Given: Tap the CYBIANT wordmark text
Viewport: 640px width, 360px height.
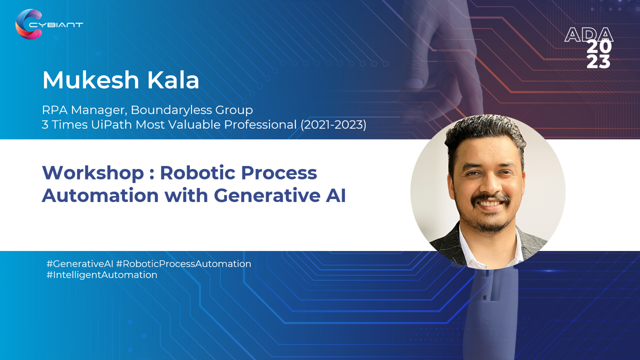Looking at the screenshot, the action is coord(56,25).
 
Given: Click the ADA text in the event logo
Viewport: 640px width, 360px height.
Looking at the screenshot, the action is coord(588,35).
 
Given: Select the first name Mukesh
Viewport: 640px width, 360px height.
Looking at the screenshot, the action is coord(91,80).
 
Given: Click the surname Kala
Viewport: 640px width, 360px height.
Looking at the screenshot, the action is coord(173,80).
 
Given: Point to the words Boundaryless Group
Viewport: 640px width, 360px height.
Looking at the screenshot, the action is coord(191,110).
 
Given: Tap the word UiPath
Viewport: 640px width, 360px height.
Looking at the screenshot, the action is coord(111,125).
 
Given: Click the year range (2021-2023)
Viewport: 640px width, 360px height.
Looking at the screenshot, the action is coord(333,125).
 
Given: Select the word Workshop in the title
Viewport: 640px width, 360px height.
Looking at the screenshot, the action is coord(93,173).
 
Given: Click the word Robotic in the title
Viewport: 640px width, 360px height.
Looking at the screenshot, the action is coord(197,172).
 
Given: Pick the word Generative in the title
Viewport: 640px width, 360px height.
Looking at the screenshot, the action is coord(267,195).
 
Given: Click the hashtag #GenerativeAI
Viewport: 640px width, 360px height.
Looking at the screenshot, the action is coord(79,263).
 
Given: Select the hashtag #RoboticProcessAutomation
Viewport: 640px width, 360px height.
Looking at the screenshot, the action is coord(183,263).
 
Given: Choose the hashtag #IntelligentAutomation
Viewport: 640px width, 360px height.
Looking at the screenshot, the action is coord(101,275).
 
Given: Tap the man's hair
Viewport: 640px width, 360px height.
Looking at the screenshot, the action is coord(485,134).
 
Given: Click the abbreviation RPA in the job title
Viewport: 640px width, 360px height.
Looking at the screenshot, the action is coord(54,110).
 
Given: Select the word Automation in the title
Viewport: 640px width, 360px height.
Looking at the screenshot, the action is coord(100,195).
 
